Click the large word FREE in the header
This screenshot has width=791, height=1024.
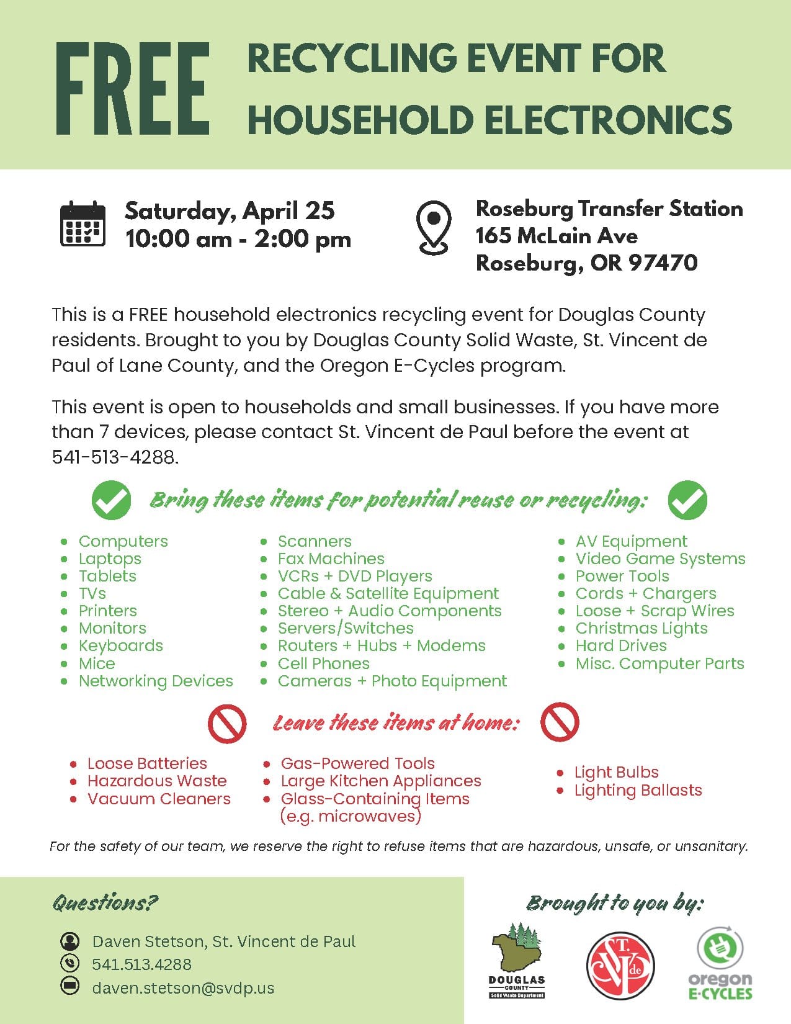coord(133,89)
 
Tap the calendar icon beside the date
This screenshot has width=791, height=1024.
coord(83,224)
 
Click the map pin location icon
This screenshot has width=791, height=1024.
coord(434,227)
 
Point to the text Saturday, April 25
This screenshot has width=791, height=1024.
coord(230,210)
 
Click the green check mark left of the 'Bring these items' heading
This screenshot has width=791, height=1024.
coord(112,500)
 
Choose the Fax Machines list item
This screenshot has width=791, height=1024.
coord(331,559)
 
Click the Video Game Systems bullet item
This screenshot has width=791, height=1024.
coord(660,559)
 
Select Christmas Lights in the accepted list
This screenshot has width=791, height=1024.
coord(641,628)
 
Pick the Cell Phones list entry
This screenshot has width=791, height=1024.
coord(323,663)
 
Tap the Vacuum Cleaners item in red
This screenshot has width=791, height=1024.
coord(159,799)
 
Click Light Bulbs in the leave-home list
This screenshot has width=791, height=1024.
coord(616,772)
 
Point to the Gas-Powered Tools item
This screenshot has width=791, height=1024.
coord(357,763)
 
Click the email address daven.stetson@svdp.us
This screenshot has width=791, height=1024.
coord(183,987)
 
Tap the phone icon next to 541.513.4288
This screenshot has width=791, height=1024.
coord(69,963)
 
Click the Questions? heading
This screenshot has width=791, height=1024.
coord(105,902)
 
